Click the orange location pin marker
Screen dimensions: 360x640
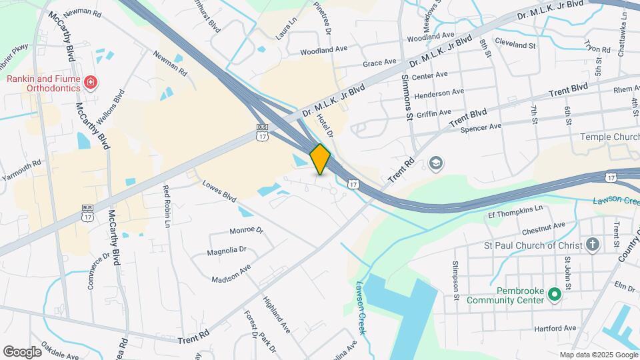click(320, 159)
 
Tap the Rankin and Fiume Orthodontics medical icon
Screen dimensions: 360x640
click(91, 83)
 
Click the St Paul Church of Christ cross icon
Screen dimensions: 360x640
click(593, 245)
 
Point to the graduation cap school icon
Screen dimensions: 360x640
click(436, 163)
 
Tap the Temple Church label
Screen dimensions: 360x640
click(609, 137)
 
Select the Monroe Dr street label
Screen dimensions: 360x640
click(247, 230)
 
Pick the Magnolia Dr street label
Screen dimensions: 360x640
click(227, 250)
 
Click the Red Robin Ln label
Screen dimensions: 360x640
click(167, 207)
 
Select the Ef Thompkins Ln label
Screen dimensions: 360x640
click(515, 211)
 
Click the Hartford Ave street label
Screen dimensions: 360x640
click(555, 329)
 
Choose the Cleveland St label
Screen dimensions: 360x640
click(516, 46)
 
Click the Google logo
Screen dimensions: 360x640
click(22, 351)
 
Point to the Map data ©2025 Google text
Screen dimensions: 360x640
click(598, 355)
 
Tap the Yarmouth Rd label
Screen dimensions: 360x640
click(22, 163)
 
